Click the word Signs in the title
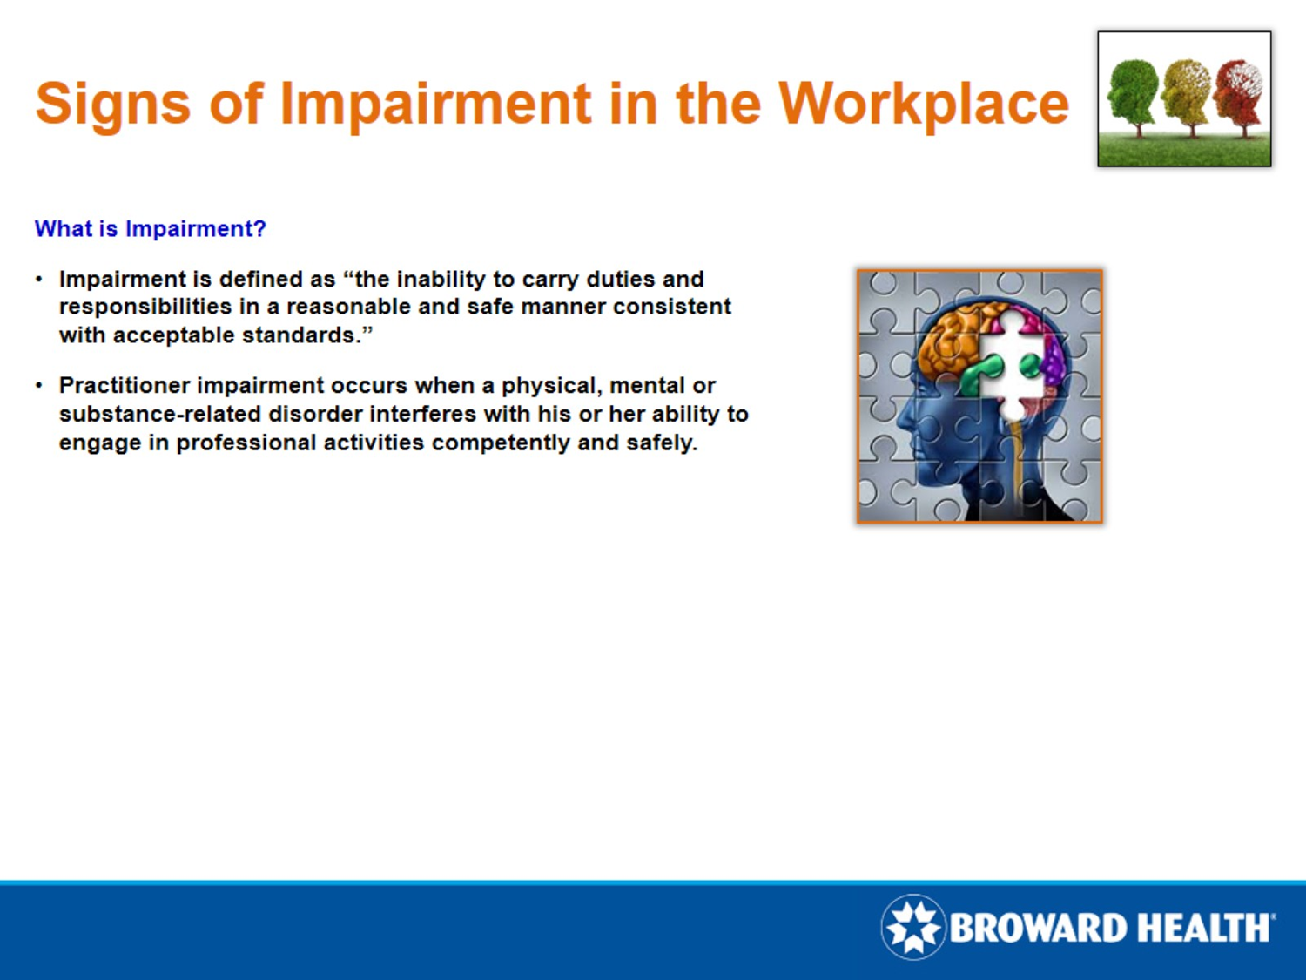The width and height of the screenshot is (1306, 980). pos(112,105)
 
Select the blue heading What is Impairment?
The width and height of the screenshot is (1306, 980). pos(150,229)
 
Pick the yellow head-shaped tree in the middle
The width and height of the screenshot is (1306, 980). pos(1186,94)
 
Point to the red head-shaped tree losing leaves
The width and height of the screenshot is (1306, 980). pos(1238,94)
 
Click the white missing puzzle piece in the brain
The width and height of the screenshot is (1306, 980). pos(1010,366)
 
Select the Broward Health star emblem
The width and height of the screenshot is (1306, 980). pos(912,927)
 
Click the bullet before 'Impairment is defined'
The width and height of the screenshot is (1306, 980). pos(38,280)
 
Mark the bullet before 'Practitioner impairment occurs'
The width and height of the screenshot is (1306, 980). pos(38,386)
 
